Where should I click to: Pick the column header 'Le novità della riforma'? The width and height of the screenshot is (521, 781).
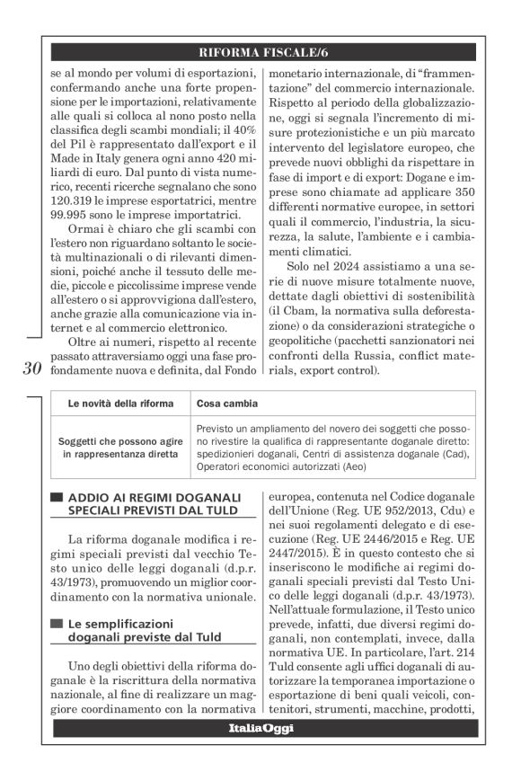click(x=120, y=404)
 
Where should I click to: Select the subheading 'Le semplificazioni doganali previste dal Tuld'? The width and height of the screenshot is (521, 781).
click(x=143, y=629)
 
